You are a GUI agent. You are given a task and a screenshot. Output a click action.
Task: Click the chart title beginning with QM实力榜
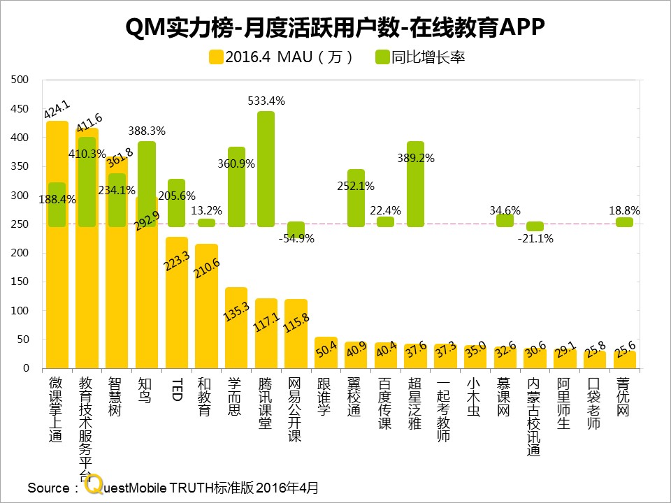334,27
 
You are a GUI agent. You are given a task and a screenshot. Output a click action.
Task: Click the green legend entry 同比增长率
420,57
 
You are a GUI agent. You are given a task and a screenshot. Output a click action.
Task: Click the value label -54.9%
296,238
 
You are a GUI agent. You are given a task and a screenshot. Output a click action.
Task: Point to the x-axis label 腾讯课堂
266,403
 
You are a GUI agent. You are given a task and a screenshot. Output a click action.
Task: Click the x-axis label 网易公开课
296,409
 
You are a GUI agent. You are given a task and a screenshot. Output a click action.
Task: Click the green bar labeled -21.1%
535,226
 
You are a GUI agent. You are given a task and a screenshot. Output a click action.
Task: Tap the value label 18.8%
624,210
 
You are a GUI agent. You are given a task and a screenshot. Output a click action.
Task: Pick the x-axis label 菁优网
623,398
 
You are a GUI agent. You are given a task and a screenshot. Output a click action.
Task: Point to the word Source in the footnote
48,488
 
